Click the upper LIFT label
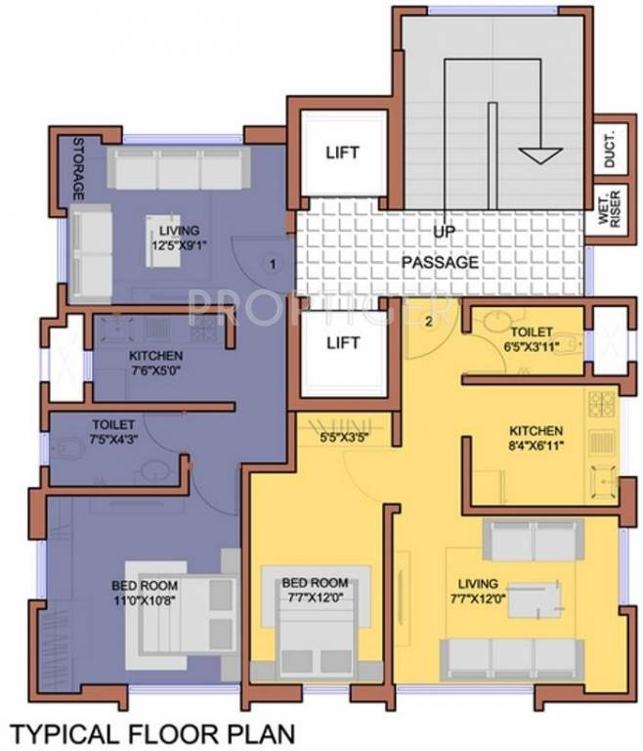(342, 154)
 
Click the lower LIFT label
(342, 343)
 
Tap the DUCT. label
(608, 149)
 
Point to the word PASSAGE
(440, 262)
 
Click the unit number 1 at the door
(274, 263)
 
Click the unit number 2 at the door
(428, 321)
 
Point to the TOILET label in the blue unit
(113, 426)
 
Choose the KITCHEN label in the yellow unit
(535, 430)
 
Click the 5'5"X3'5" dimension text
(342, 439)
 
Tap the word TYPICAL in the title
(64, 730)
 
